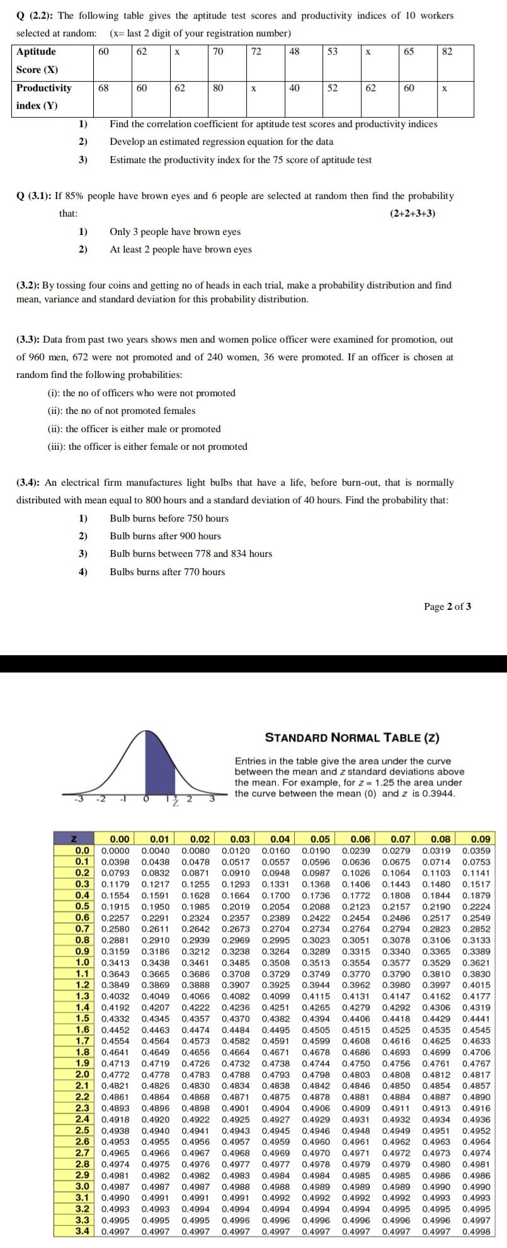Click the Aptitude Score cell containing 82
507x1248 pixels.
tap(447, 52)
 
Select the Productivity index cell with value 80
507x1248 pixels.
tap(218, 88)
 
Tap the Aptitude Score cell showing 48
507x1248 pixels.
tap(294, 52)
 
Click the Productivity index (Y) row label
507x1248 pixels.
tap(43, 96)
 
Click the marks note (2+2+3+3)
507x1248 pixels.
tap(413, 214)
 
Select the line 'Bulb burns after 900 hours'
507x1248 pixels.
tap(165, 536)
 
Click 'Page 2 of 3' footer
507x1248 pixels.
tap(447, 607)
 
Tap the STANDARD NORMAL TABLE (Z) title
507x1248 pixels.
tap(352, 738)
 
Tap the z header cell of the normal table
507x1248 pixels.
tap(74, 839)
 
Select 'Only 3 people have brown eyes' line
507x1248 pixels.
tap(175, 232)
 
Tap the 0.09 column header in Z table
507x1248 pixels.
tap(480, 839)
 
